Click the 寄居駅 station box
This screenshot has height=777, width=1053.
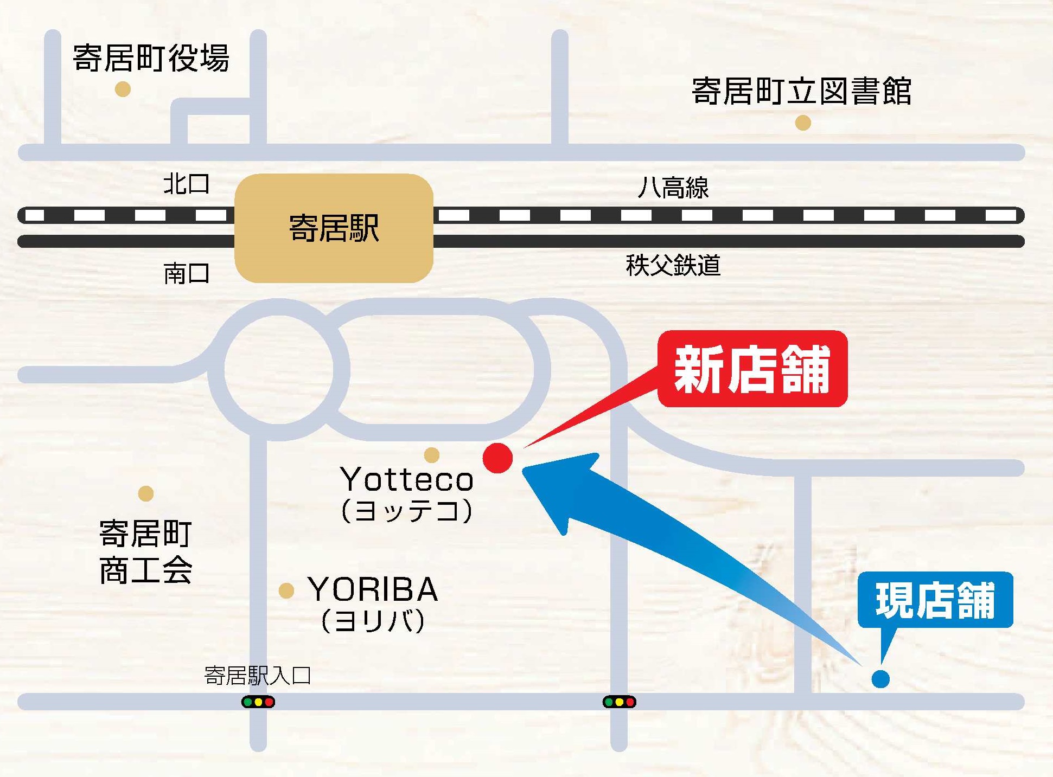[x=334, y=228]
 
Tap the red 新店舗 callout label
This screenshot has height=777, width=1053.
[x=752, y=369]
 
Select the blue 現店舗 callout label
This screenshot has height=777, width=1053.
[x=935, y=600]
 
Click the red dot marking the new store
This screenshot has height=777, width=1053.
[x=497, y=458]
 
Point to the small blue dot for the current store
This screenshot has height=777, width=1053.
[x=880, y=678]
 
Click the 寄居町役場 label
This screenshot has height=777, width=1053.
[x=151, y=58]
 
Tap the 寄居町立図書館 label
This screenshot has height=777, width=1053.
[x=801, y=91]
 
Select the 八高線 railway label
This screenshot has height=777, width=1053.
[x=673, y=188]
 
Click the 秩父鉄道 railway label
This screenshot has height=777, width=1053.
[x=673, y=265]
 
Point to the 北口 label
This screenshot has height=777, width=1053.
[x=187, y=184]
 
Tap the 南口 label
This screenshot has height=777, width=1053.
[x=187, y=273]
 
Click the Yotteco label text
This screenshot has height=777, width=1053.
[x=407, y=479]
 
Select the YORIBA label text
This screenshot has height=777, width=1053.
[x=373, y=589]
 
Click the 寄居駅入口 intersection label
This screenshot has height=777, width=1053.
[x=258, y=676]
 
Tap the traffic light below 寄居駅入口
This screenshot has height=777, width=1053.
[x=258, y=702]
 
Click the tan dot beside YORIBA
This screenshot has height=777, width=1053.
[x=286, y=590]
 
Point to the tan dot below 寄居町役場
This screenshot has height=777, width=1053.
[x=123, y=89]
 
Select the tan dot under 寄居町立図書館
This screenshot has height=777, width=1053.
[x=803, y=123]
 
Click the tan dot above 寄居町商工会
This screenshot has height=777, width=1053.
[x=145, y=493]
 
